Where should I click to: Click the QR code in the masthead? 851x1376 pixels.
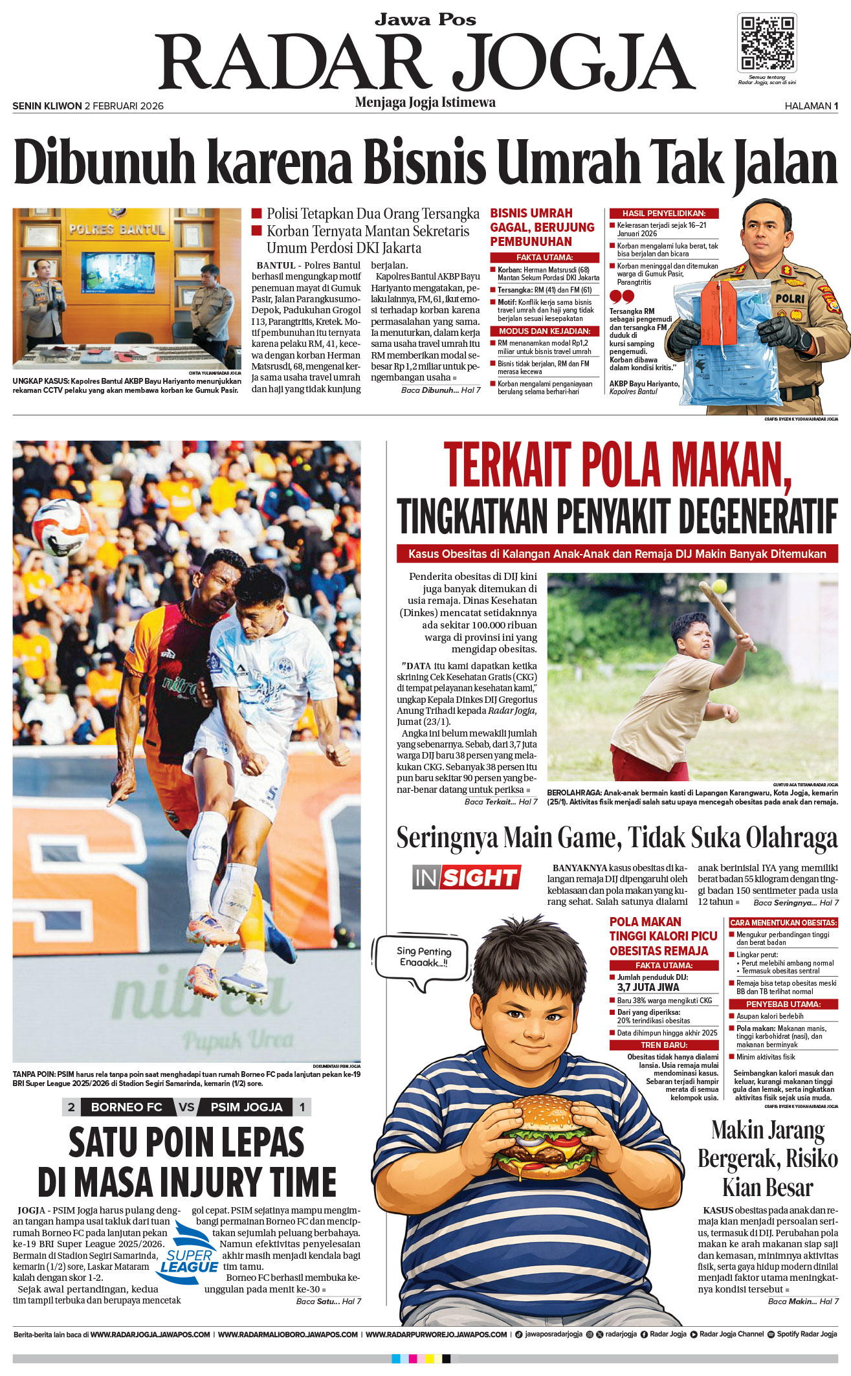tap(767, 43)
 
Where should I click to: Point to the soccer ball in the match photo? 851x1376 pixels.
tap(61, 526)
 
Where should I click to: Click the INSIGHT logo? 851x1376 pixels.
tap(466, 878)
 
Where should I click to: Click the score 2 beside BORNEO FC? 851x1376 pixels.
tap(71, 1107)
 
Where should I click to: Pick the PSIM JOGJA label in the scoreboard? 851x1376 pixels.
tap(247, 1107)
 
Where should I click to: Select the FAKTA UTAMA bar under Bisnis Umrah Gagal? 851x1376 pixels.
tap(545, 258)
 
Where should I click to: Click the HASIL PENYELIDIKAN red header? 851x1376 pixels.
tap(663, 214)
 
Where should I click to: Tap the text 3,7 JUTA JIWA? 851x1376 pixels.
tap(648, 987)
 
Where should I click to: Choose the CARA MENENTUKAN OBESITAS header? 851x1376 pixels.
tap(783, 922)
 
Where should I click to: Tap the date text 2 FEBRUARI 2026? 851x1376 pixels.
tap(124, 106)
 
